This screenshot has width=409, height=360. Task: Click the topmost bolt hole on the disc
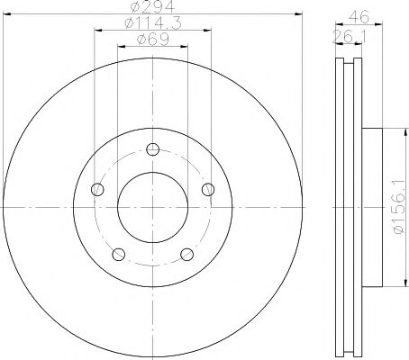point(153,149)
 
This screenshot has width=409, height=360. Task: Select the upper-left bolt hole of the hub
point(98,189)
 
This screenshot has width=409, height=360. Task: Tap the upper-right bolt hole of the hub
point(208,189)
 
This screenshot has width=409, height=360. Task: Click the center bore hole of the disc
point(153,207)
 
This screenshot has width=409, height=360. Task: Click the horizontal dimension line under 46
point(358,24)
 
